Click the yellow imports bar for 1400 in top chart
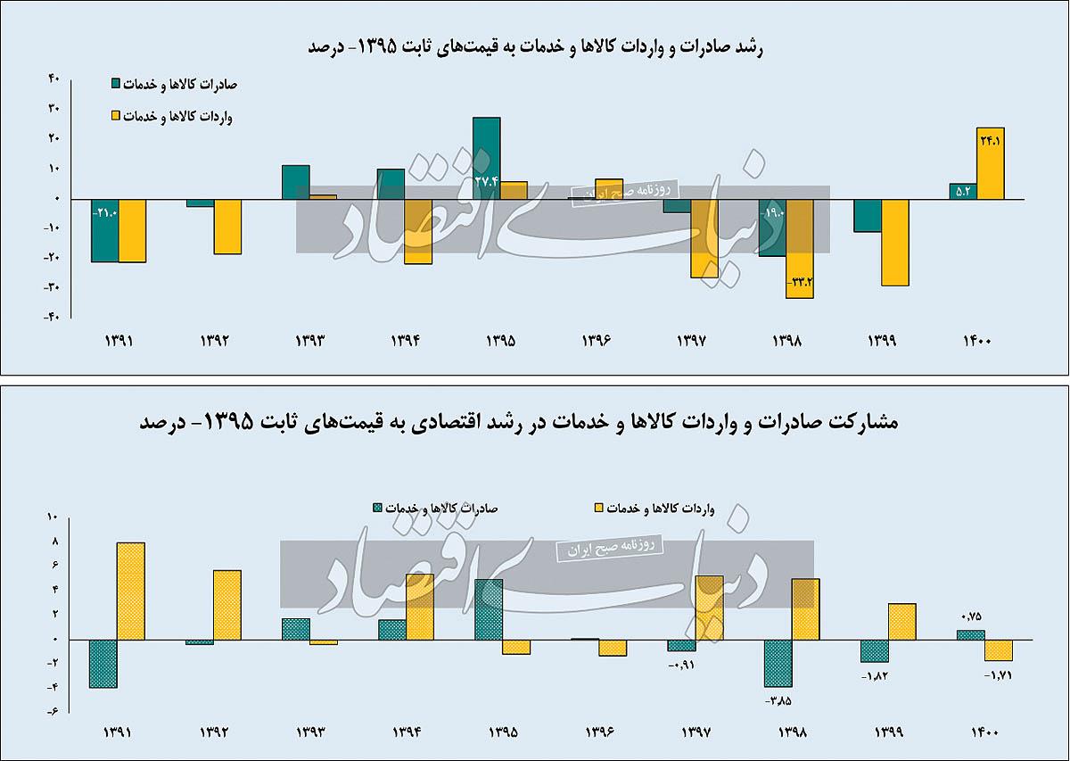(x=991, y=164)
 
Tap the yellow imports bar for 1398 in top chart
(x=800, y=248)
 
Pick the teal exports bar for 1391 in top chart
(x=104, y=230)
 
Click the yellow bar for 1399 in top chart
(x=895, y=242)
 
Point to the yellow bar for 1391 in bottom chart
(x=131, y=591)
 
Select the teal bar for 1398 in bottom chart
(x=778, y=663)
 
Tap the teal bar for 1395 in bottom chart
(x=489, y=609)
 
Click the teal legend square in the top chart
(x=115, y=85)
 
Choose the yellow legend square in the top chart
(x=115, y=116)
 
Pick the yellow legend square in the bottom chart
(x=599, y=509)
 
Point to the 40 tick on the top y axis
(x=53, y=79)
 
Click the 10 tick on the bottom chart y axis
(x=52, y=517)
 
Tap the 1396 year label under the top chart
(x=597, y=341)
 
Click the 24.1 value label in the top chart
(x=991, y=140)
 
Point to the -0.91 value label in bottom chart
(x=681, y=664)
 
